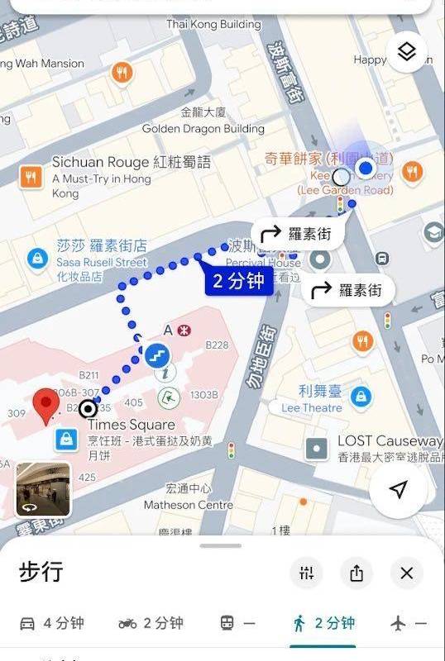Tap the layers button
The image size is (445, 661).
coord(406,52)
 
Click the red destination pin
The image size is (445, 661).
coord(46,408)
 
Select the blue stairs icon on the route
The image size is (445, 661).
coord(156,355)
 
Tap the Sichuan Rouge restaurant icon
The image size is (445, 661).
coord(31,175)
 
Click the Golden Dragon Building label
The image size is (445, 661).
coord(203,129)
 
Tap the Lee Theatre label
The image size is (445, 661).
coord(312,407)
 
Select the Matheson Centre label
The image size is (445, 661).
coord(189,505)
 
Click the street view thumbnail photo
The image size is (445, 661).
coord(43,489)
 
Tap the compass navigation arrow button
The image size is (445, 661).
coord(399,490)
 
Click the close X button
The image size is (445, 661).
coord(406,573)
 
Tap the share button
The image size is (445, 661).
coord(356,573)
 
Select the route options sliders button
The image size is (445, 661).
coord(307,573)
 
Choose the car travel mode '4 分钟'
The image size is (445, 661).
coord(51,623)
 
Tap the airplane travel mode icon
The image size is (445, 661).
coord(399,623)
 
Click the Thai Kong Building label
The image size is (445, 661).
coord(213,24)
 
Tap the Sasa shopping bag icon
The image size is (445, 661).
coord(36,259)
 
